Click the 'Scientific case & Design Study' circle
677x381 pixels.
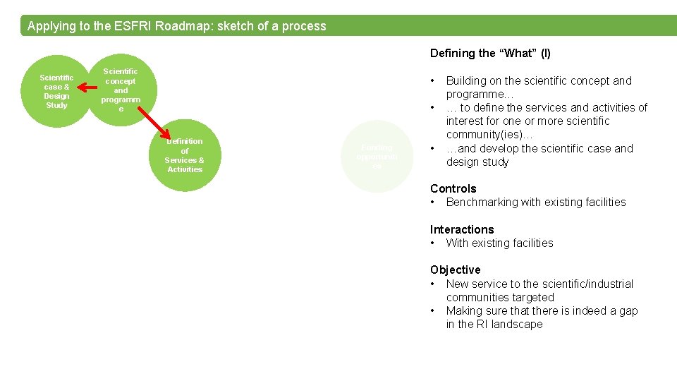[56, 91]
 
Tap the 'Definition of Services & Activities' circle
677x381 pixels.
[185, 155]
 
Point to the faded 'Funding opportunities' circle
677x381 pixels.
[377, 156]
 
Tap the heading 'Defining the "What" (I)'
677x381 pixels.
[490, 54]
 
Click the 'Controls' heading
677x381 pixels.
[453, 188]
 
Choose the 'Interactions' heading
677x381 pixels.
[462, 229]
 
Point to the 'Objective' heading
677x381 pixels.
[455, 270]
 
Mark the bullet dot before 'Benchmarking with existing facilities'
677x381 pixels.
[433, 202]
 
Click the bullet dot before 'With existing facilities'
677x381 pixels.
[433, 243]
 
